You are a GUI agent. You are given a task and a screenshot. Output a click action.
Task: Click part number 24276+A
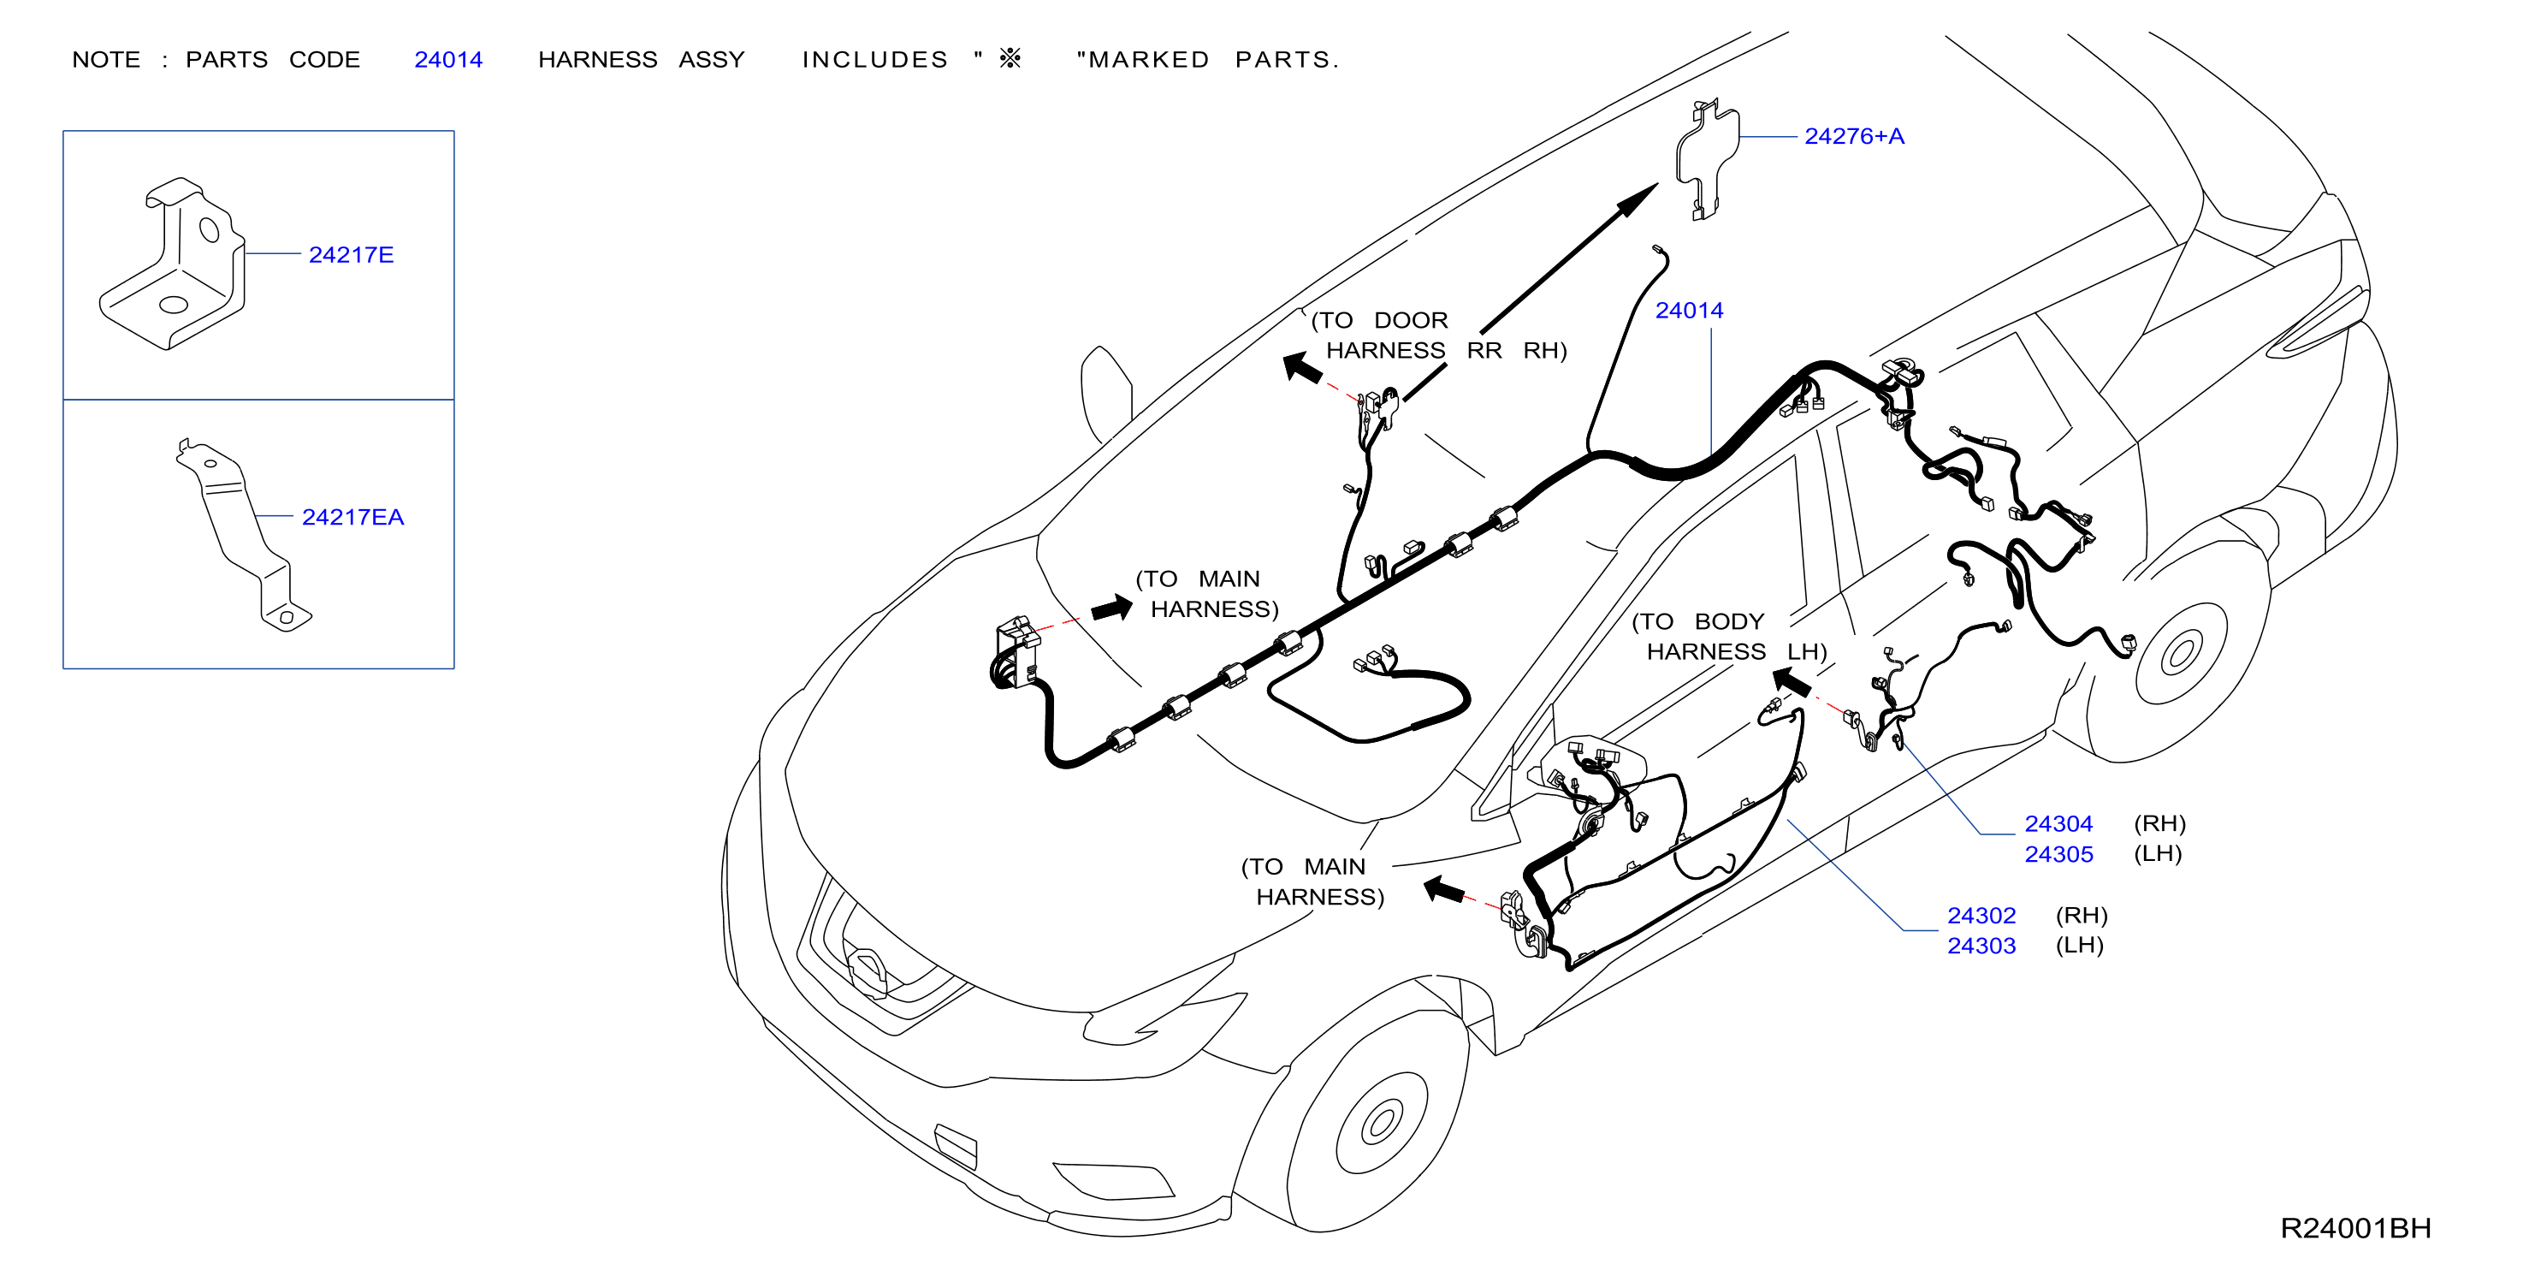(x=1854, y=137)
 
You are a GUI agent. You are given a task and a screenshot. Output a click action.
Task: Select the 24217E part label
(x=351, y=255)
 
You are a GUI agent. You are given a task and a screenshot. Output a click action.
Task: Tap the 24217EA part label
(x=352, y=518)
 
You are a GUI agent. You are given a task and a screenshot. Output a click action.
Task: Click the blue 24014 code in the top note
(x=447, y=60)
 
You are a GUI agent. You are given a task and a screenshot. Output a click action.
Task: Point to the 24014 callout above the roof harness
(x=1689, y=311)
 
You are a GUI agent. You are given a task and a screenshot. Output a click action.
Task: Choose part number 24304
(x=2058, y=824)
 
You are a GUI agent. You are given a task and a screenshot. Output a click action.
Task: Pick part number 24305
(x=2058, y=855)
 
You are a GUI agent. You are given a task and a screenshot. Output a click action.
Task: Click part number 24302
(x=1981, y=916)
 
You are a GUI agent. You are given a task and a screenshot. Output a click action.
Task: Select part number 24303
(x=1981, y=946)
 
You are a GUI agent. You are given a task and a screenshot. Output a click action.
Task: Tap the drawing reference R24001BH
(x=2354, y=1228)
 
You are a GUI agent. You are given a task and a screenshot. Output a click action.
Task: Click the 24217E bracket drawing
(x=173, y=264)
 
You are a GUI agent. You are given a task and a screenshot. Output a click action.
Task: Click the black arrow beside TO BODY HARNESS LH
(x=1792, y=682)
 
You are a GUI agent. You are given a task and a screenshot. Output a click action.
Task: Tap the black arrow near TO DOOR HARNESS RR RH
(x=1303, y=367)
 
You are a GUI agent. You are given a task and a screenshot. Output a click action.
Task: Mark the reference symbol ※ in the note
(x=1010, y=59)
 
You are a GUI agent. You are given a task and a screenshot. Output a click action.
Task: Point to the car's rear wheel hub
(x=2182, y=653)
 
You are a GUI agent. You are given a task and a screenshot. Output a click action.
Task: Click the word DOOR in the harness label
(x=1411, y=321)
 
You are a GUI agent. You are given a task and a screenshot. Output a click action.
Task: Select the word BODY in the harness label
(x=1729, y=622)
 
